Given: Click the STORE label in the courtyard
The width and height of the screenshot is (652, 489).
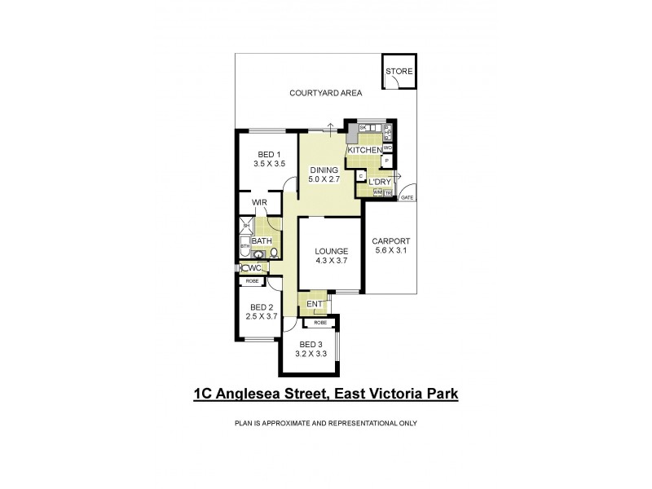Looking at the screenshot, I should (x=399, y=72).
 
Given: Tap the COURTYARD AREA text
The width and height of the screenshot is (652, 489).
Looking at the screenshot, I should (x=326, y=94).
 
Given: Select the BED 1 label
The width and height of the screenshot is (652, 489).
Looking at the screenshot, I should (x=269, y=155).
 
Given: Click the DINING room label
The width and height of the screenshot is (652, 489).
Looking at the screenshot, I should (x=323, y=170).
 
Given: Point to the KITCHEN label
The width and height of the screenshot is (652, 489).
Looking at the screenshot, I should (x=364, y=151).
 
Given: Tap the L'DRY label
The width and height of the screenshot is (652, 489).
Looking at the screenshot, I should (x=379, y=182).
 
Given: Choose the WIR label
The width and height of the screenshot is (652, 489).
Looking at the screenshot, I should (x=261, y=202).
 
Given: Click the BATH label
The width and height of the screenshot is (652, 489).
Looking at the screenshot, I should (x=262, y=241).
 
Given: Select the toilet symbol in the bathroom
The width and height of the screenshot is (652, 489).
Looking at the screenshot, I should (x=275, y=253).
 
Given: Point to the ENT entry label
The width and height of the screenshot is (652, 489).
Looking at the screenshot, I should (x=314, y=305).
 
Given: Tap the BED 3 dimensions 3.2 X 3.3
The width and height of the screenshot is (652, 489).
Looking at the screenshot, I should (x=310, y=354).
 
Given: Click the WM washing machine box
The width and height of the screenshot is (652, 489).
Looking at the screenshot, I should (x=378, y=192).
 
